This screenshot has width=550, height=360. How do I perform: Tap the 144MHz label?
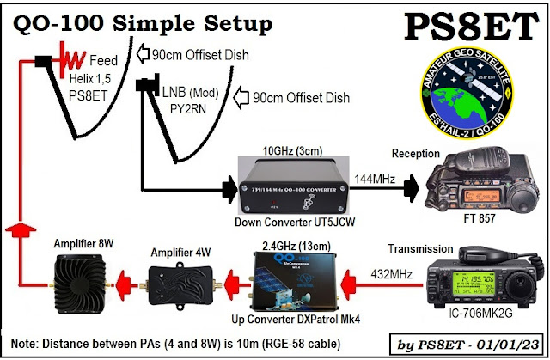coord(372,175)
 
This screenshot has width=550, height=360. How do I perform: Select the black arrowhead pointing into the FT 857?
coord(415,186)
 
